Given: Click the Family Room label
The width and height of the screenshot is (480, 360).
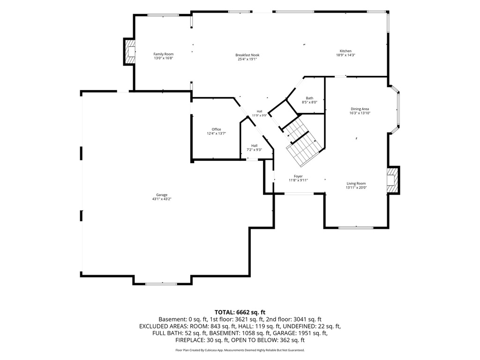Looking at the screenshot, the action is [x=164, y=54].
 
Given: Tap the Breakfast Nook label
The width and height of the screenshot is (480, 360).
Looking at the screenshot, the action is [x=247, y=55].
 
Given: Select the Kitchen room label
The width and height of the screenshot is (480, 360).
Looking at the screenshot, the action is [x=345, y=51].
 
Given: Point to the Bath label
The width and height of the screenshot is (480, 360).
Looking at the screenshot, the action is [x=309, y=98].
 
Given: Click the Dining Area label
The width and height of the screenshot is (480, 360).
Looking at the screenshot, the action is [x=360, y=109].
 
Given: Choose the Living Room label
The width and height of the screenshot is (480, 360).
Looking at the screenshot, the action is [x=356, y=184].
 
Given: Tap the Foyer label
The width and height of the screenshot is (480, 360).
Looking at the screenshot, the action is [x=298, y=176].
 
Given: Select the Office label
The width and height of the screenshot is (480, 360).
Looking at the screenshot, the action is [x=216, y=129].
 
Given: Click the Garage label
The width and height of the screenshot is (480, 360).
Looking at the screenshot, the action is [x=162, y=195].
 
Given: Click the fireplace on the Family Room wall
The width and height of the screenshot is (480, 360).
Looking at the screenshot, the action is [x=129, y=52].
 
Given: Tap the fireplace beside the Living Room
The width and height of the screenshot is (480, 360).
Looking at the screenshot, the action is [x=393, y=180].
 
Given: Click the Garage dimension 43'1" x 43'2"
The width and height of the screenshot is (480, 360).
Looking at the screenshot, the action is [x=162, y=199].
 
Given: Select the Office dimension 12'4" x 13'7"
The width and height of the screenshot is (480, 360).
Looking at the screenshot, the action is [x=216, y=134].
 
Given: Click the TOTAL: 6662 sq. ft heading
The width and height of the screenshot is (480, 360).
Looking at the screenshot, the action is [x=240, y=313].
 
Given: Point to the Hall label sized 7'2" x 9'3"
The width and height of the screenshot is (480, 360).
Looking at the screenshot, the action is [x=255, y=146].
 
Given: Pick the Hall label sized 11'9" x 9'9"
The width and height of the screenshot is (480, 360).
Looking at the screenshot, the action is [x=259, y=112].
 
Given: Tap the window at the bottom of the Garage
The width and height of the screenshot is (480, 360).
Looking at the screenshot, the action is [x=161, y=284].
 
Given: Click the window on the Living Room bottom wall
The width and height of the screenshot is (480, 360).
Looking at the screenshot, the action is [x=356, y=227].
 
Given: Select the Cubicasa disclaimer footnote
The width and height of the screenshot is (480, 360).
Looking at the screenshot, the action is [x=240, y=350].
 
